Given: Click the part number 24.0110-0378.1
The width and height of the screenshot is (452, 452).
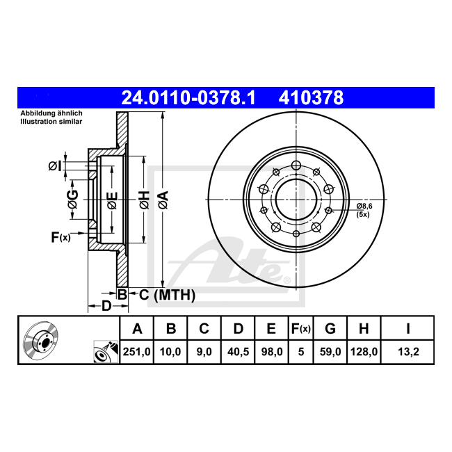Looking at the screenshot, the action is click(188, 98).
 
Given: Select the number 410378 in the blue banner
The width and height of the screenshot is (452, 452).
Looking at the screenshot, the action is click(311, 98).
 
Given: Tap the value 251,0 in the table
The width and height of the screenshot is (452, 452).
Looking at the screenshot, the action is click(136, 352).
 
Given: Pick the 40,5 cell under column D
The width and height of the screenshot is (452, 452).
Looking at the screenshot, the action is click(238, 352).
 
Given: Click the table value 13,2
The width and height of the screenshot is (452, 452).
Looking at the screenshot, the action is click(408, 352).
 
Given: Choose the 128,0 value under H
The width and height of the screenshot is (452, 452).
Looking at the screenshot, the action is click(364, 352).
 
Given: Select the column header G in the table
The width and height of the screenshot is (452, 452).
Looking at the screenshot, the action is click(330, 329).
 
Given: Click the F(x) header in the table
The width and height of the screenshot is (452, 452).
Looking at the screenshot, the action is click(300, 329).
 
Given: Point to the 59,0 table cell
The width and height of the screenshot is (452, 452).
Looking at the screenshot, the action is click(330, 352).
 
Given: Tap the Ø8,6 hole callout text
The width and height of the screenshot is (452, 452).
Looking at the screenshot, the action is click(364, 206).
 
